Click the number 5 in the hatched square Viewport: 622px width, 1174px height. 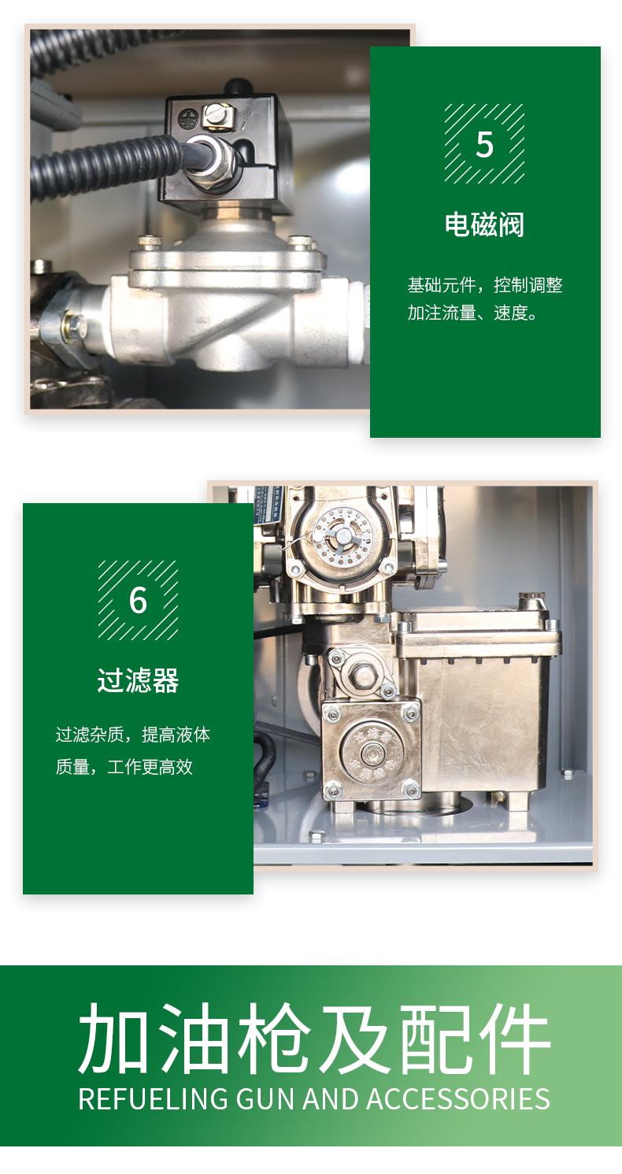tap(485, 144)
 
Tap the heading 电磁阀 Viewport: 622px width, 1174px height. tap(485, 224)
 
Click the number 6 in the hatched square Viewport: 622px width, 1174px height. tap(138, 600)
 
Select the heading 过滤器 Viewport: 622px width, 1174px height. tap(138, 680)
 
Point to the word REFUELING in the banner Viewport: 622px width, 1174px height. tap(153, 1099)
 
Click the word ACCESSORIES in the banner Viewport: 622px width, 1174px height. tap(458, 1099)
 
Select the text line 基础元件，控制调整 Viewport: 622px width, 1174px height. tap(485, 285)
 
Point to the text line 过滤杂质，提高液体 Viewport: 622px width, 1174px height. tap(133, 735)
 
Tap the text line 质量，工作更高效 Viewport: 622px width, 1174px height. tap(124, 767)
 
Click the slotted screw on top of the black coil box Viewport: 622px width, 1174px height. tap(214, 113)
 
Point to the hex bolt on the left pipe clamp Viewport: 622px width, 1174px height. tap(73, 324)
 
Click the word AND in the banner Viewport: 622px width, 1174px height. tap(330, 1099)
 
